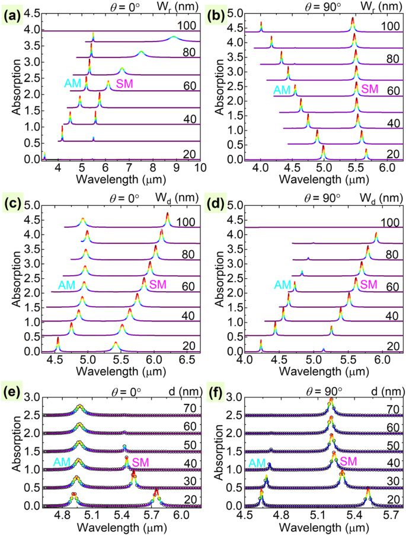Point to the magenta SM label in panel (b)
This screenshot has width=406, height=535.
pyautogui.click(x=369, y=90)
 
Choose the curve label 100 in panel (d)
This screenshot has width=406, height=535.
pyautogui.click(x=388, y=218)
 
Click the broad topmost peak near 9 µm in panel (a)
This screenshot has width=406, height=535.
pyautogui.click(x=173, y=37)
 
